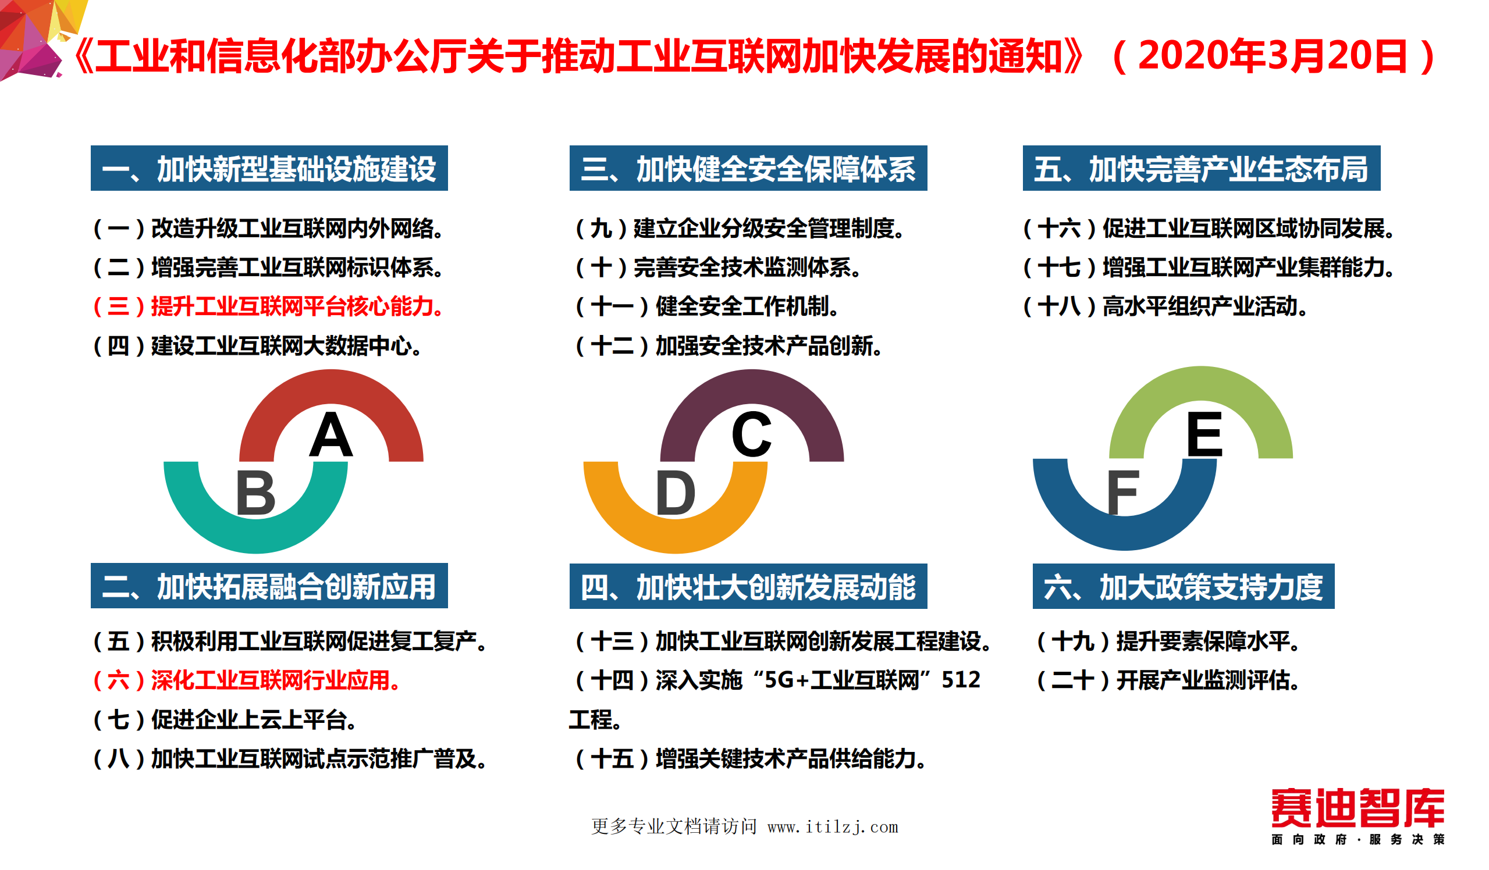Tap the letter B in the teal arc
pos(255,493)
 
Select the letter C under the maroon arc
pos(751,434)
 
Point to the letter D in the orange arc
pos(676,493)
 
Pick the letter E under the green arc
pos(1204,434)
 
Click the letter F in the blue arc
pos(1122,493)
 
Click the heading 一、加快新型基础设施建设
pos(269,169)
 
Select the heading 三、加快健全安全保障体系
pos(748,169)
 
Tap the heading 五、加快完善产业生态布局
pos(1200,169)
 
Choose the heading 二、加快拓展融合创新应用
pos(269,587)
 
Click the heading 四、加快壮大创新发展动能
pos(748,587)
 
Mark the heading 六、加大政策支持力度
pos(1183,587)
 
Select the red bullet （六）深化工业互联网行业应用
pos(246,680)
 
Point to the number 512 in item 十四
pos(961,680)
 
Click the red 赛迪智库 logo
pos(1357,807)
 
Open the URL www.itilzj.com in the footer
pos(833,827)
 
